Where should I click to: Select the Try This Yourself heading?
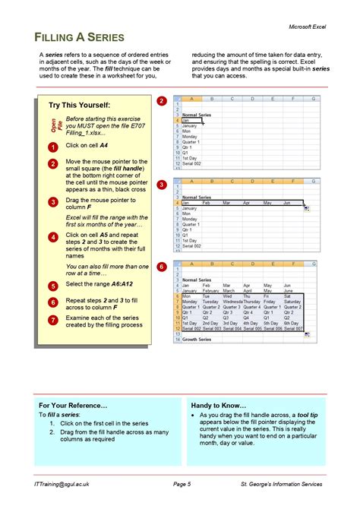tap(79, 105)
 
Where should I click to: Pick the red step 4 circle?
tap(52, 236)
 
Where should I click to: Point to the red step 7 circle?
tap(52, 320)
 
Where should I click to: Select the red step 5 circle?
tap(52, 286)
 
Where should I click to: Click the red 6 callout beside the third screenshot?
tap(161, 267)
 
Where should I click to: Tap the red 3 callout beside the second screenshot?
tap(161, 185)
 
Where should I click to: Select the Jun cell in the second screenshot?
tap(287, 203)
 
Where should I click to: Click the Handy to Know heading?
tap(222, 406)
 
